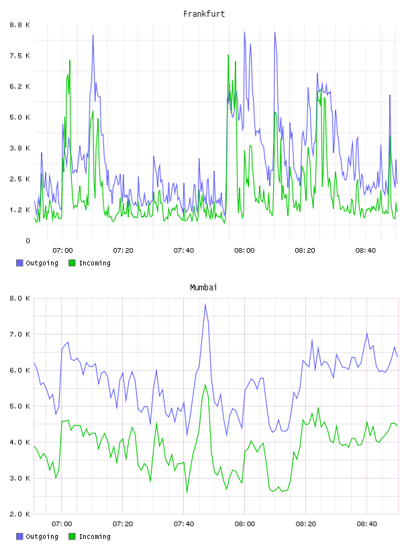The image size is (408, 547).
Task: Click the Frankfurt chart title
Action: pos(204,14)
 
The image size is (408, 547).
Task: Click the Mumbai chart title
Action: pos(203,288)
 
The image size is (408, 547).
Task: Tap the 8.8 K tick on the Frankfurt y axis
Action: pos(19,25)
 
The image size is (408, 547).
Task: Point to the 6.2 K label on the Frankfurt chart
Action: pos(19,86)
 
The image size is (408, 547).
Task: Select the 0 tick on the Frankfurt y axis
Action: pos(28,241)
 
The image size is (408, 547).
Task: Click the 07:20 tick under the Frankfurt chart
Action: pos(123,251)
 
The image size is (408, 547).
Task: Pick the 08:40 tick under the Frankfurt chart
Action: pos(365,251)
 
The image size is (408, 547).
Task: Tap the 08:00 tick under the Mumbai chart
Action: pos(244,524)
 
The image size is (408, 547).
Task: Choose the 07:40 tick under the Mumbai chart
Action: pos(184,524)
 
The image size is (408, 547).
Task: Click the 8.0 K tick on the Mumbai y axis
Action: pos(19,298)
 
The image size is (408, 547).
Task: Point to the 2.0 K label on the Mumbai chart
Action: pos(19,514)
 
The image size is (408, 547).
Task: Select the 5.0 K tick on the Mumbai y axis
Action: pos(19,406)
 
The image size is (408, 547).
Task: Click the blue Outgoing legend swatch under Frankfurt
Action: pos(19,263)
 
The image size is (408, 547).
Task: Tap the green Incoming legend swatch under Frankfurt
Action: pos(72,263)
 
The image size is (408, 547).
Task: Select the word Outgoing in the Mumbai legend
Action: pos(42,536)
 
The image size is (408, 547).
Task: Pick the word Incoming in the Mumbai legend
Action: pos(95,536)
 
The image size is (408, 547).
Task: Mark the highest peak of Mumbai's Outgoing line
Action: pos(205,304)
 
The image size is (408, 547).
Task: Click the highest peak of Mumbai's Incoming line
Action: pos(205,385)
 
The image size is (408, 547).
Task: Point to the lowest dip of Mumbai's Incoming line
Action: pos(187,493)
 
